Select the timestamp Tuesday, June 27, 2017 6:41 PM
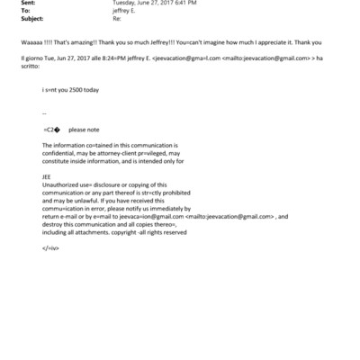[x=150, y=3]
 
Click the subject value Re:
[x=116, y=18]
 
